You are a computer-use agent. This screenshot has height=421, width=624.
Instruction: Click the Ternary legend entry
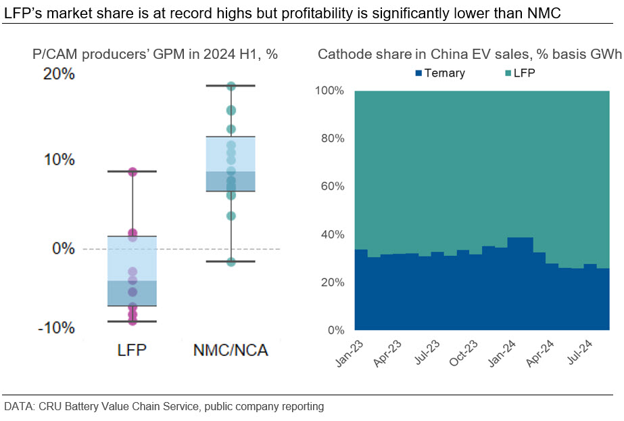click(x=439, y=73)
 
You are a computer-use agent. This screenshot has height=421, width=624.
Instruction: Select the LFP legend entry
click(x=520, y=73)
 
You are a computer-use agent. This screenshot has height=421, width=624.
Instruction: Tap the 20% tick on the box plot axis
click(x=59, y=74)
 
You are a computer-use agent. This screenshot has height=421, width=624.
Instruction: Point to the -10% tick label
click(x=56, y=328)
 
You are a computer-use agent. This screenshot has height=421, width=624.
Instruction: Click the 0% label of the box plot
click(x=64, y=248)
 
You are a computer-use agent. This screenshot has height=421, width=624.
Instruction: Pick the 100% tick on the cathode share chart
click(x=329, y=91)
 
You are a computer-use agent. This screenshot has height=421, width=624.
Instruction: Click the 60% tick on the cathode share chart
click(x=333, y=186)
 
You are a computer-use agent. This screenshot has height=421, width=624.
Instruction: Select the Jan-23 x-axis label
click(x=350, y=353)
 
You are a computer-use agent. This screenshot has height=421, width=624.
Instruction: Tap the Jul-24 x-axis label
click(x=579, y=353)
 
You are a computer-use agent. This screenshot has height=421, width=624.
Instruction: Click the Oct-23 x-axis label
click(x=464, y=353)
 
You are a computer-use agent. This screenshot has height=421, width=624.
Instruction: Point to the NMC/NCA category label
click(x=231, y=351)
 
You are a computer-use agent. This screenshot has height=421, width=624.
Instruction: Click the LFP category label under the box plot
click(x=132, y=351)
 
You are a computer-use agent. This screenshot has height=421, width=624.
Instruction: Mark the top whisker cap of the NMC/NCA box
click(x=231, y=86)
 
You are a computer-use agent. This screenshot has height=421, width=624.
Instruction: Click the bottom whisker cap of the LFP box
click(x=132, y=321)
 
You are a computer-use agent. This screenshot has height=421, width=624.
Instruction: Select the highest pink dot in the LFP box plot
click(x=132, y=172)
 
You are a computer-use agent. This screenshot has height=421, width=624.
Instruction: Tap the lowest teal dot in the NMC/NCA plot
click(x=231, y=262)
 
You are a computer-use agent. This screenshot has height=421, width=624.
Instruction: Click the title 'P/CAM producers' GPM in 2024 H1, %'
click(x=155, y=54)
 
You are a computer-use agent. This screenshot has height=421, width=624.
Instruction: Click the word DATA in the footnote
click(x=18, y=406)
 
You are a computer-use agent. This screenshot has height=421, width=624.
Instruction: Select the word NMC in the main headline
click(x=544, y=13)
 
